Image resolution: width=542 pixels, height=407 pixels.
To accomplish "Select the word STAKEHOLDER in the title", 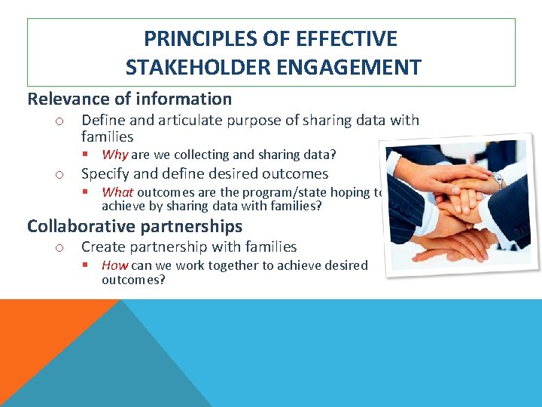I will pos(190,67).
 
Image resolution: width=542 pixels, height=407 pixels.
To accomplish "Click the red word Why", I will pos(114,155).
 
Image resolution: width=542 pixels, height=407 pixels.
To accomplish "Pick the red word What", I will pos(117,192).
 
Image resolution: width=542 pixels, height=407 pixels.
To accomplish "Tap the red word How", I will pos(114,265).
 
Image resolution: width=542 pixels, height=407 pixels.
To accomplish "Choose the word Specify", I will pos(105,173).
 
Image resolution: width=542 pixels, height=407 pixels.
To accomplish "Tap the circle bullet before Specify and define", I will pos(58,175).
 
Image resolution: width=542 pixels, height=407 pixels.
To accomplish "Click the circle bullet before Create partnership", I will pos(58,248).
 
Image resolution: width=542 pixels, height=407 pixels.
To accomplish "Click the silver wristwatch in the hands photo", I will pos(498,179).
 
